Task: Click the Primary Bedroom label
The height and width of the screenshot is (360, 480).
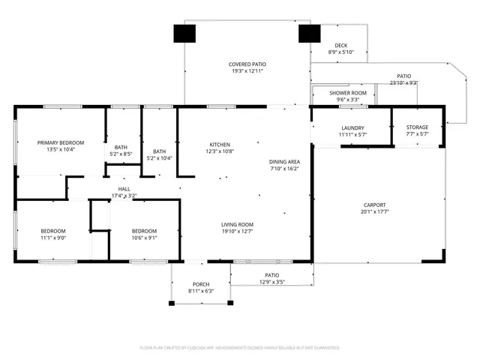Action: click(61, 142)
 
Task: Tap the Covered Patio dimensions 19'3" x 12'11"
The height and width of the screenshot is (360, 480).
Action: click(247, 72)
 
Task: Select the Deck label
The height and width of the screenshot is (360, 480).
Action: click(341, 45)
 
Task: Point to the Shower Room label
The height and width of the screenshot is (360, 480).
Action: click(346, 92)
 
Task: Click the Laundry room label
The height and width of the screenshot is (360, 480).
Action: click(352, 127)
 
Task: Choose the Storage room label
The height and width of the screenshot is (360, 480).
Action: click(417, 127)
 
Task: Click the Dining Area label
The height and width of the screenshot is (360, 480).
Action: click(285, 162)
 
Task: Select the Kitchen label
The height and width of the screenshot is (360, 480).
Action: click(220, 144)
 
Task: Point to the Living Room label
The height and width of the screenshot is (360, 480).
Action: click(237, 224)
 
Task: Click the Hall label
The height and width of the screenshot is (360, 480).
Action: click(124, 189)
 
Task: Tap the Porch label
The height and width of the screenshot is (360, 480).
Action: click(200, 284)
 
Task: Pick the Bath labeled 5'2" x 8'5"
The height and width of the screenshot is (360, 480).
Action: click(121, 147)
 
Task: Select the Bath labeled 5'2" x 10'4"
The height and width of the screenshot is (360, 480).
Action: click(159, 151)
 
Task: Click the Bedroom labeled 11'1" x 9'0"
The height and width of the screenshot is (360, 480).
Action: click(52, 230)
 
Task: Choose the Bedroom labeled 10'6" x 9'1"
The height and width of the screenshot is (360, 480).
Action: click(144, 230)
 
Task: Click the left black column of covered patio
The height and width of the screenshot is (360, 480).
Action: click(184, 34)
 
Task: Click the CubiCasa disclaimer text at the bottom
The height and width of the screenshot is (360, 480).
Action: click(240, 348)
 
